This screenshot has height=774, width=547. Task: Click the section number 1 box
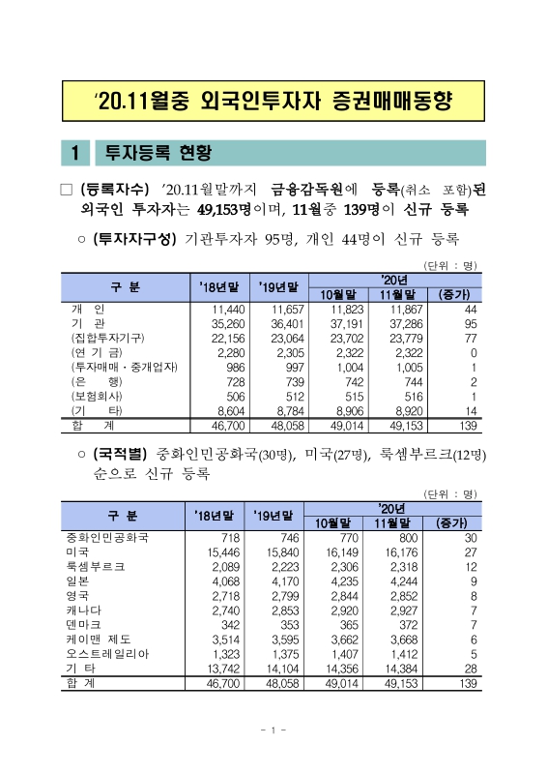tap(75, 153)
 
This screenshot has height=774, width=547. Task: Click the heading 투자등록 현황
tap(158, 153)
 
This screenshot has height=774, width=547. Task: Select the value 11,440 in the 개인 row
tap(223, 308)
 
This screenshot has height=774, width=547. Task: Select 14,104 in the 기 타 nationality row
tap(282, 668)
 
